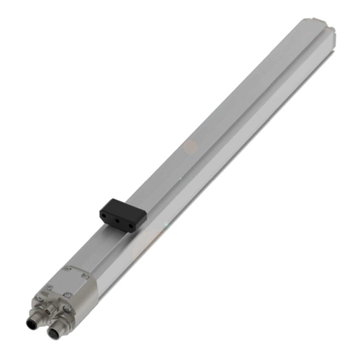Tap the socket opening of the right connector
pos(55,333)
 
